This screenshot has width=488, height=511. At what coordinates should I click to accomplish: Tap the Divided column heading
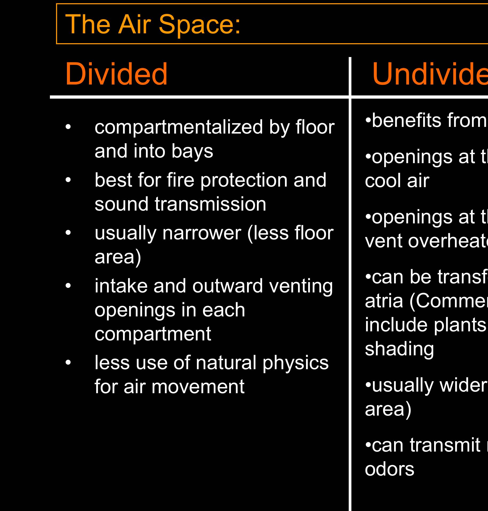point(116,74)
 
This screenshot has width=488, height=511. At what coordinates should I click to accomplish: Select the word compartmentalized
point(178,128)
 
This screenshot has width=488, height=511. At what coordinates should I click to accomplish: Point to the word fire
point(181,180)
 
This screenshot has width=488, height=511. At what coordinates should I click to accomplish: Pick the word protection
point(244,180)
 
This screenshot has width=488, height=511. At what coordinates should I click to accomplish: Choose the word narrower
point(202,233)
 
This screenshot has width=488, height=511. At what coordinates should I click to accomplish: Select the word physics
point(295,363)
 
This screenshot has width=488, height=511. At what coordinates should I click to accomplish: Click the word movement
point(198,387)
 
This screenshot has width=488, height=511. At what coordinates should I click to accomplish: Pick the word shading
point(399,349)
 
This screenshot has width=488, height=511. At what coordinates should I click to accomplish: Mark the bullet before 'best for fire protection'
point(69,180)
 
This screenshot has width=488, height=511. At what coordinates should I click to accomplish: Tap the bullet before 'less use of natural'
point(69,363)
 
